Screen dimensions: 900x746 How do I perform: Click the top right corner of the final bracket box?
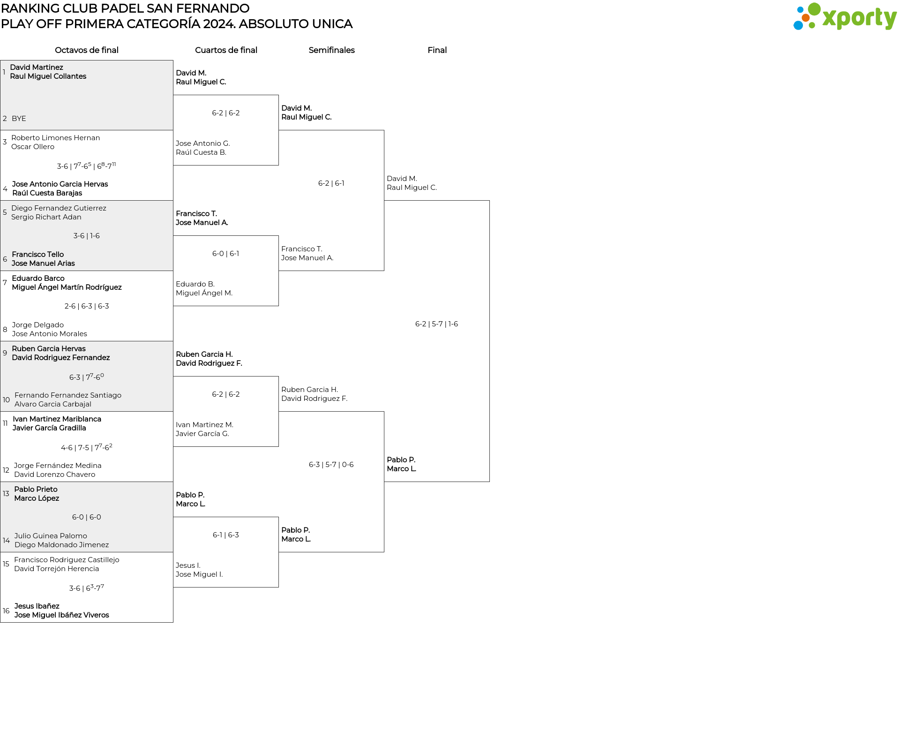click(x=489, y=201)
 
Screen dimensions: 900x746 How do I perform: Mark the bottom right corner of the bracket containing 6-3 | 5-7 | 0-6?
click(x=384, y=552)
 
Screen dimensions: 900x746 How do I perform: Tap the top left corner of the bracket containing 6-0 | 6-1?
click(x=173, y=236)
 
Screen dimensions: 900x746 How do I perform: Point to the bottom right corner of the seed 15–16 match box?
click(x=173, y=622)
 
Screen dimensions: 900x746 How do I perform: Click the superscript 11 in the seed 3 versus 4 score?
click(x=114, y=164)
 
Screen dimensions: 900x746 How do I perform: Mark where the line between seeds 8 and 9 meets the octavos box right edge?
click(x=173, y=341)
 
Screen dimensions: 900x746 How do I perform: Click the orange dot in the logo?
click(x=805, y=18)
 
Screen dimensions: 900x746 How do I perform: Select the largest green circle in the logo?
click(x=814, y=9)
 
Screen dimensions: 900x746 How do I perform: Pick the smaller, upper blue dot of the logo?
click(x=800, y=9)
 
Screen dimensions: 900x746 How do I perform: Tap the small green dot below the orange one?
click(x=812, y=26)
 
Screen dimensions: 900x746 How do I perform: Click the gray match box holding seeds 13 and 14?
click(x=87, y=517)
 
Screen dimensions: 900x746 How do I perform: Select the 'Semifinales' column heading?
click(x=331, y=50)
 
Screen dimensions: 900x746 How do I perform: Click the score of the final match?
click(x=436, y=324)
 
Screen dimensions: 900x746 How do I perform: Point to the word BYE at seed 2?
click(x=19, y=119)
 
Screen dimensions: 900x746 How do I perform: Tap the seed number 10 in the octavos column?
click(x=6, y=400)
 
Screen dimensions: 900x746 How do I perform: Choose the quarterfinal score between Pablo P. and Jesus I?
click(x=226, y=535)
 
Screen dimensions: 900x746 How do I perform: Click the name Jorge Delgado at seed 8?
click(x=38, y=325)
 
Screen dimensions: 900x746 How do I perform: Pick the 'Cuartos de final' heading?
click(x=226, y=50)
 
